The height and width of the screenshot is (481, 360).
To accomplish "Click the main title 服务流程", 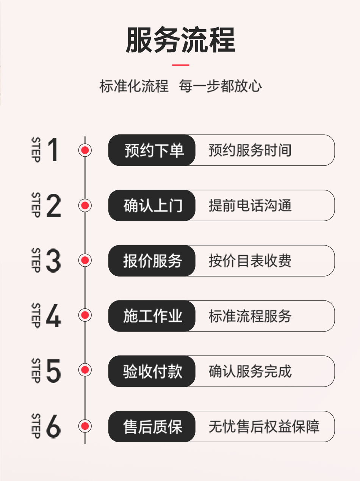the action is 180,40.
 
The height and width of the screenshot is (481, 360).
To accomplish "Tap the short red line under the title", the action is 180,65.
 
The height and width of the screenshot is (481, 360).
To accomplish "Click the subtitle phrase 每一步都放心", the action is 220,86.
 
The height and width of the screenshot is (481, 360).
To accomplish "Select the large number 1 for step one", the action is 53,150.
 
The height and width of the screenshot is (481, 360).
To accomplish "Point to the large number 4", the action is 53,316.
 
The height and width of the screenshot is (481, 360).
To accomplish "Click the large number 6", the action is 53,426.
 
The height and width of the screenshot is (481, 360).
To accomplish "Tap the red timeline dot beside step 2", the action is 85,206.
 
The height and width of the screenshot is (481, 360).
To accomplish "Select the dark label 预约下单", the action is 153,151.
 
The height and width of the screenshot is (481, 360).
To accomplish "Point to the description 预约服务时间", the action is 250,151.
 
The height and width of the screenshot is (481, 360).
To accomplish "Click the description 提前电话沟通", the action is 250,206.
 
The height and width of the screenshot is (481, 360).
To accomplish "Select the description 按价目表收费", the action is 250,261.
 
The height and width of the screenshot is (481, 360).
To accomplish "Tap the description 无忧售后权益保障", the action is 264,426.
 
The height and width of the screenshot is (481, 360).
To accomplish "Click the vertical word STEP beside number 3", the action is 36,260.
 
